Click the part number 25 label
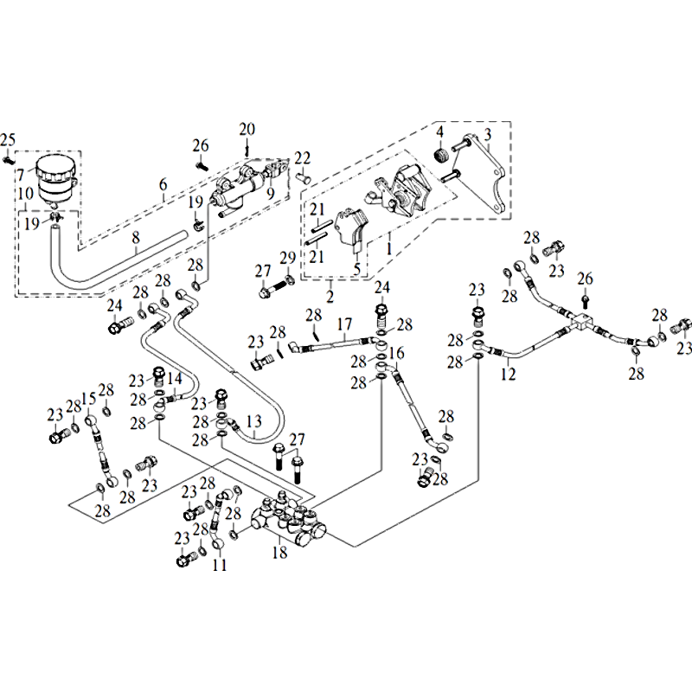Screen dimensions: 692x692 coord(9,140)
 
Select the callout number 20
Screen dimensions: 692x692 coord(247,130)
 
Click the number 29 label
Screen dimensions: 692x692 coord(288,257)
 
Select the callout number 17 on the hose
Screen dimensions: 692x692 coord(344,326)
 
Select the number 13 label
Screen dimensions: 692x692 coord(253,421)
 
